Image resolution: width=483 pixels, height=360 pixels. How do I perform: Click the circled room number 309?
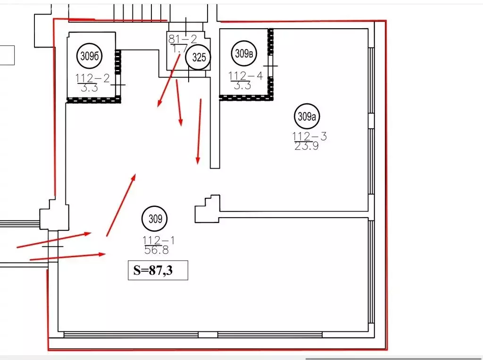tap(155, 219)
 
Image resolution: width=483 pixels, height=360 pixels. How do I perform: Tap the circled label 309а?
tap(307, 116)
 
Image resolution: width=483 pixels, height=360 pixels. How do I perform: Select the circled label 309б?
tap(90, 56)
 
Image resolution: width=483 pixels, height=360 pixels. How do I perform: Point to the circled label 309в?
tap(244, 54)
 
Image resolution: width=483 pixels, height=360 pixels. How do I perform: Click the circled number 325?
tap(199, 57)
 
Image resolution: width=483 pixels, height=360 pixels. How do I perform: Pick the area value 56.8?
tap(157, 250)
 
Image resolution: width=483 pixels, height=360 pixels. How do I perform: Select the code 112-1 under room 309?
tap(158, 240)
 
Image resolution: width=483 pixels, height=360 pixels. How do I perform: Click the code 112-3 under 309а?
tap(309, 136)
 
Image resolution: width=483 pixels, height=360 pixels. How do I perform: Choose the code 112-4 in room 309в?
tap(245, 76)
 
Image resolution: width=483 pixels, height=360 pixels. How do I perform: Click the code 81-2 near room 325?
tap(183, 39)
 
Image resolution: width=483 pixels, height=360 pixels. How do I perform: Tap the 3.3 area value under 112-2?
tap(89, 88)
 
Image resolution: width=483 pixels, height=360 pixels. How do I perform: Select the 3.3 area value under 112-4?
tap(242, 85)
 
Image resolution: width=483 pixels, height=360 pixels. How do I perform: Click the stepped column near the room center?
tap(207, 209)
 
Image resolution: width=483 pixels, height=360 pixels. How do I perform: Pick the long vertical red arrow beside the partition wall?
tap(200, 131)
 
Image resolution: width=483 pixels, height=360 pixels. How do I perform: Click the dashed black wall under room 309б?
tap(94, 100)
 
